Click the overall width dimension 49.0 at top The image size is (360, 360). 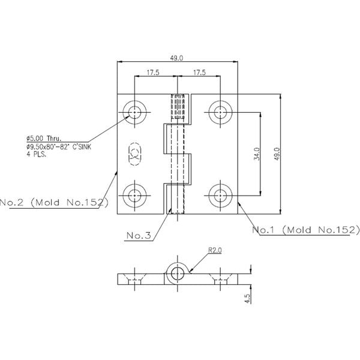click(176, 58)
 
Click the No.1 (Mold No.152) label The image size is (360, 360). click(305, 230)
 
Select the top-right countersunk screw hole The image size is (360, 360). click(220, 112)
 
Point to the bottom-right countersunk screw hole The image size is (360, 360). click(220, 195)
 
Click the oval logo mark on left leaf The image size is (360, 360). click(133, 153)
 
